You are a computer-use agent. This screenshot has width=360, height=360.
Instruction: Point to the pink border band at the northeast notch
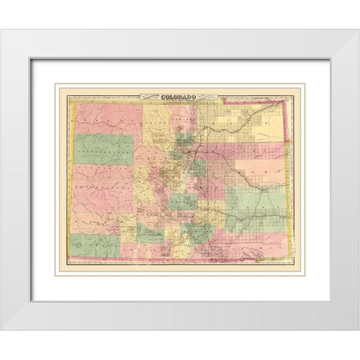[259, 98]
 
